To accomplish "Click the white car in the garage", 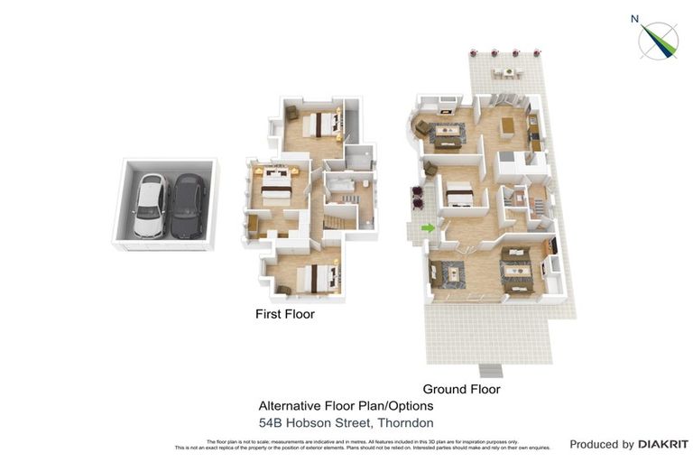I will [x=150, y=205].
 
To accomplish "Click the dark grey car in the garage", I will [x=188, y=206].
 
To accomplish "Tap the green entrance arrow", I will [x=429, y=228].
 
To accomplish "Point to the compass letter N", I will [x=635, y=18].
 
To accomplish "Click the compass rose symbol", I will [x=659, y=41].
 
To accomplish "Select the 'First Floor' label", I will [x=284, y=315].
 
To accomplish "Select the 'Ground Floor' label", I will [x=461, y=390].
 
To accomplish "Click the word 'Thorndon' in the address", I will [x=405, y=423].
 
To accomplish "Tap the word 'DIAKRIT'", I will [x=663, y=444].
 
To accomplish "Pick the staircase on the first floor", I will [x=337, y=219].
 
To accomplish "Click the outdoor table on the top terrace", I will [x=507, y=71].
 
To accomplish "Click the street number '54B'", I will [x=273, y=423].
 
